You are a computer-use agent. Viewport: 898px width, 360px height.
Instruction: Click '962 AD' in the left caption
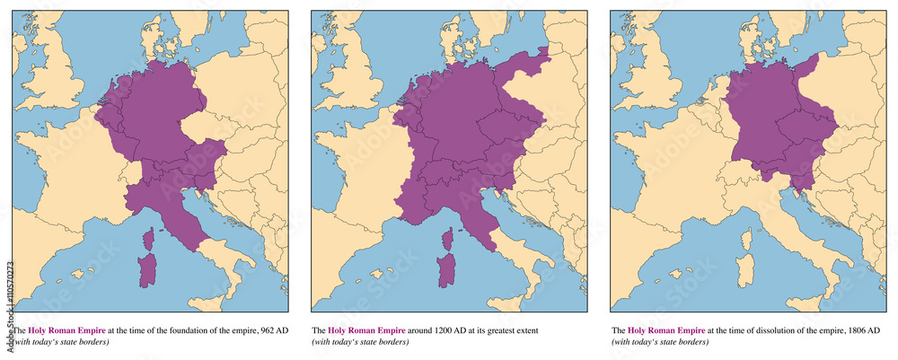click(270, 330)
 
